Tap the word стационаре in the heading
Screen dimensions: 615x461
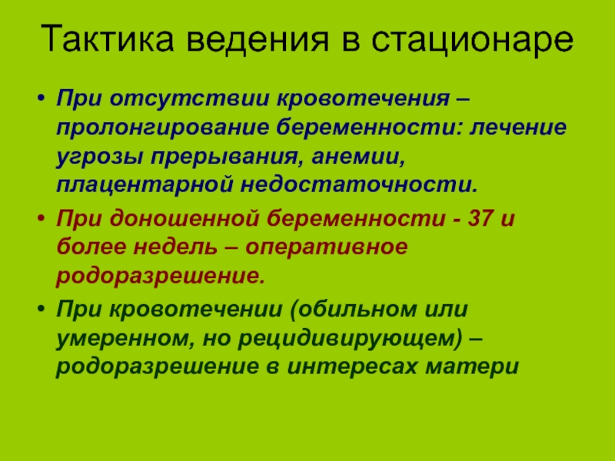[472, 40]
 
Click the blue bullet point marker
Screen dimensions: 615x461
[41, 98]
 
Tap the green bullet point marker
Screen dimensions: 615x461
[41, 309]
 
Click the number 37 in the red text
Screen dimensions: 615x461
[481, 217]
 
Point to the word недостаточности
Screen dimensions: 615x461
[359, 185]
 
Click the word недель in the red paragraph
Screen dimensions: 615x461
[175, 247]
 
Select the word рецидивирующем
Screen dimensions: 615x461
[351, 339]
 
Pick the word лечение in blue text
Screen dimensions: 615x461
[518, 128]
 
